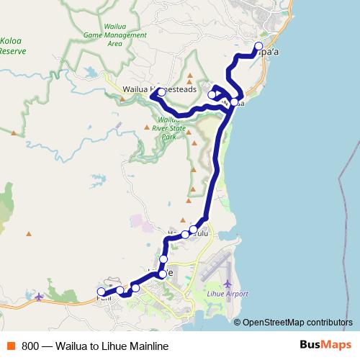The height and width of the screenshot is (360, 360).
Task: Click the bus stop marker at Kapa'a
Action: tap(259, 47)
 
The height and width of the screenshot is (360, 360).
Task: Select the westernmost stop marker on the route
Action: tap(101, 292)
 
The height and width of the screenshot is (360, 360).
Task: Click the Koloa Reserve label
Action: tap(12, 46)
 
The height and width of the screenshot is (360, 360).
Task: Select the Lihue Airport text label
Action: tap(228, 294)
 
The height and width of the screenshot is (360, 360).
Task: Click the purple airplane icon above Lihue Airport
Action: tap(228, 283)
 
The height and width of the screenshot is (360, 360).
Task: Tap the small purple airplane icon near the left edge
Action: tap(38, 296)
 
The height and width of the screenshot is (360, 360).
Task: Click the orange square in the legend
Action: tap(11, 346)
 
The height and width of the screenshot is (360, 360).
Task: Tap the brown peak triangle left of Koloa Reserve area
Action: tap(14, 133)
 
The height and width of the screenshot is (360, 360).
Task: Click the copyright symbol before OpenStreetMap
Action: tap(238, 323)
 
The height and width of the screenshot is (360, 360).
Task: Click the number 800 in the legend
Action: tap(30, 346)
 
